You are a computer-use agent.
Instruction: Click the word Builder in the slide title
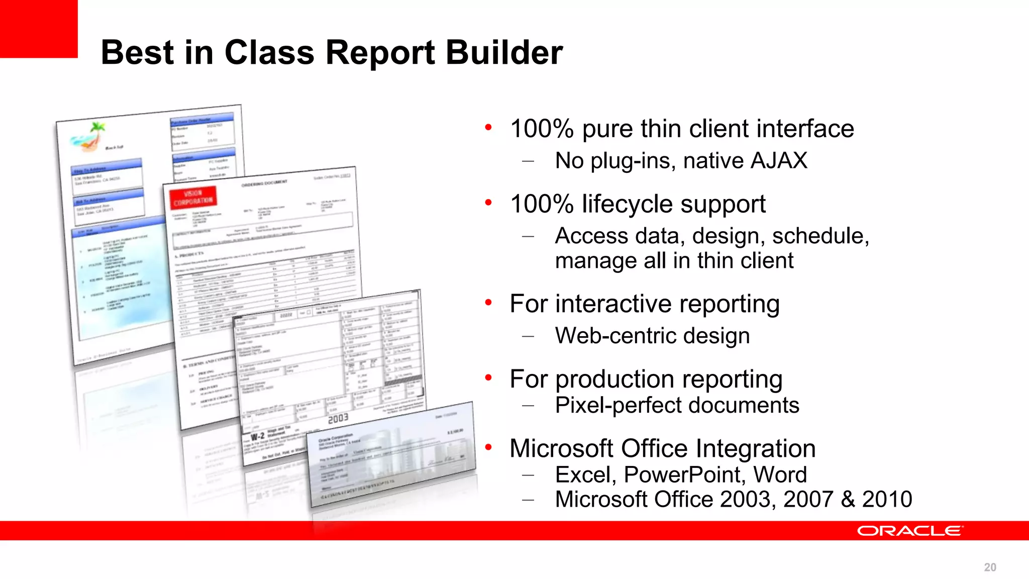click(x=504, y=52)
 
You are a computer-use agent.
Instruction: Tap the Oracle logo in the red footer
click(x=910, y=531)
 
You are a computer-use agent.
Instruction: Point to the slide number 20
click(x=990, y=567)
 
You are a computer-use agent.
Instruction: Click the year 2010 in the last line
click(x=887, y=500)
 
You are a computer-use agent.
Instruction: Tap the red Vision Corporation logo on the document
click(x=193, y=198)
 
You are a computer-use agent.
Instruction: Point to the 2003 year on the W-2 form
click(x=338, y=418)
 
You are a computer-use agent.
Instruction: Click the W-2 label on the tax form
click(x=257, y=436)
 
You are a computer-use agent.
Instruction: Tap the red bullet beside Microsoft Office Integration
click(x=488, y=447)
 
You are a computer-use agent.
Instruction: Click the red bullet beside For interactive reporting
click(x=488, y=302)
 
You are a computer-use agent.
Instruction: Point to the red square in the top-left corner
click(x=38, y=28)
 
